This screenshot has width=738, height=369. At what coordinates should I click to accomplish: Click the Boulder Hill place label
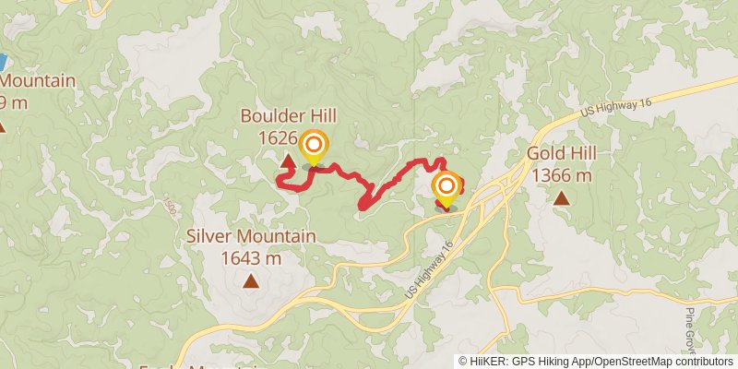point(288,116)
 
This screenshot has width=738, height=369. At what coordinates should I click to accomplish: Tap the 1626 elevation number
point(278,138)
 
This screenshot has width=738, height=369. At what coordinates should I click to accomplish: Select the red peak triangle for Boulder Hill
point(288,163)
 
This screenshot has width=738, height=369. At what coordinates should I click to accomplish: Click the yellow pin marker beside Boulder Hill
point(314,147)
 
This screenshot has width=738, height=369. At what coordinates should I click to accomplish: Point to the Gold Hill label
point(562,153)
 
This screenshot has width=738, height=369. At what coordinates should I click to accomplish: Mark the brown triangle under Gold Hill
point(562,196)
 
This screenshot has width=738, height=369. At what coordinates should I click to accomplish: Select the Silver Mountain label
point(251,236)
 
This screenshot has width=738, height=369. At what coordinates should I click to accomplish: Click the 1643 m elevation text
point(251,258)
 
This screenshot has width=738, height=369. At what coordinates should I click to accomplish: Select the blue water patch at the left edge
point(2,63)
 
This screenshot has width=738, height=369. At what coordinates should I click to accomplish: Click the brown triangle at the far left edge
point(2,125)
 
